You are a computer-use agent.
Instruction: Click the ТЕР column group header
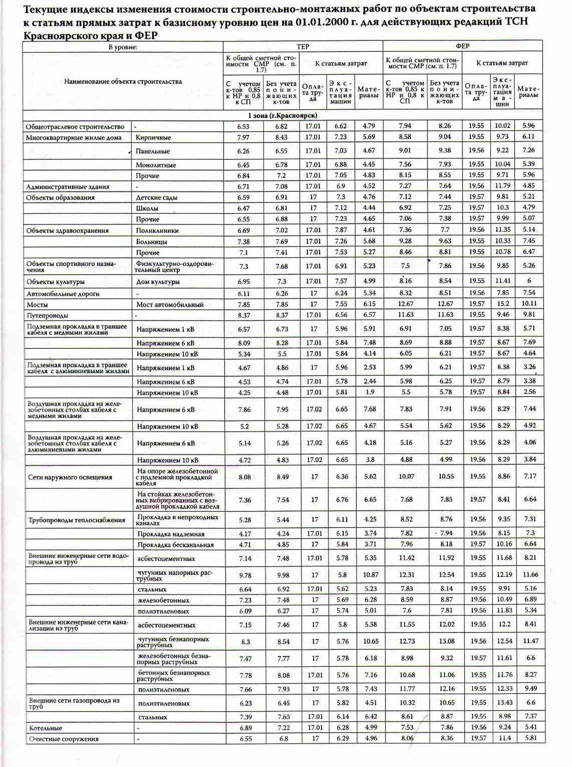tap(303, 47)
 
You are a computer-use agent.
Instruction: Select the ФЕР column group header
tap(462, 46)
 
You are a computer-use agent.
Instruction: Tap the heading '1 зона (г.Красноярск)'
tap(282, 116)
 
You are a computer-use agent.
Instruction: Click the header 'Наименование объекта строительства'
tap(123, 81)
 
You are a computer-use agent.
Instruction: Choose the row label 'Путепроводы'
tap(47, 315)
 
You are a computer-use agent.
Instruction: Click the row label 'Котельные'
tap(45, 728)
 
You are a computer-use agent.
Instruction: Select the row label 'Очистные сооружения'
tap(63, 739)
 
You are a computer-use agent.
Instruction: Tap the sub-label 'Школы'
tap(147, 209)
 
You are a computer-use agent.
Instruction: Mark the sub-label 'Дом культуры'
tap(158, 282)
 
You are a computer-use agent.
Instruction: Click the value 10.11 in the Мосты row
tap(529, 304)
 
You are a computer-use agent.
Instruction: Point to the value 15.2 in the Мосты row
tap(503, 304)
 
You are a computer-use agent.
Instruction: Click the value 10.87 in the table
tap(371, 575)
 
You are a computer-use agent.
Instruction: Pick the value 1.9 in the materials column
tap(370, 392)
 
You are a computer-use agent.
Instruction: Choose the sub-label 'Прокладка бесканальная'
tap(175, 545)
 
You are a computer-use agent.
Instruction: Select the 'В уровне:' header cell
tap(123, 47)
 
